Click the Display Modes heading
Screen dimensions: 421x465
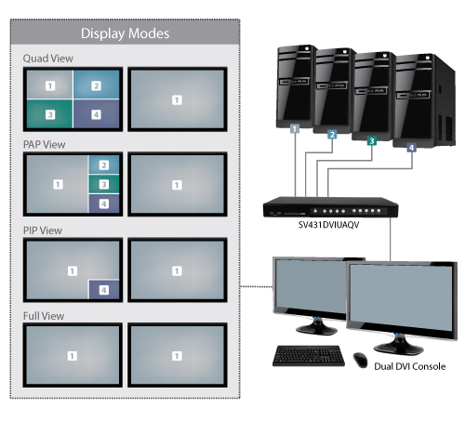pyautogui.click(x=125, y=34)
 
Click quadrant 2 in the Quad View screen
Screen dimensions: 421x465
pyautogui.click(x=95, y=86)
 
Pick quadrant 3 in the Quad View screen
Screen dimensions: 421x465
pyautogui.click(x=49, y=114)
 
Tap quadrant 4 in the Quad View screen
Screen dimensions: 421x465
pyautogui.click(x=95, y=114)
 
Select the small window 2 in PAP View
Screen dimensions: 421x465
pyautogui.click(x=103, y=165)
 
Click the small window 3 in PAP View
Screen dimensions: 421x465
pyautogui.click(x=103, y=184)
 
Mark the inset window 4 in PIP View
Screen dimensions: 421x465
pyautogui.click(x=103, y=289)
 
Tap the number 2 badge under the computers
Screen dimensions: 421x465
pyautogui.click(x=331, y=135)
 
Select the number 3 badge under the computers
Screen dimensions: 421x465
pyautogui.click(x=372, y=141)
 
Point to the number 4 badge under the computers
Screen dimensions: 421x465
pyautogui.click(x=412, y=147)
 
